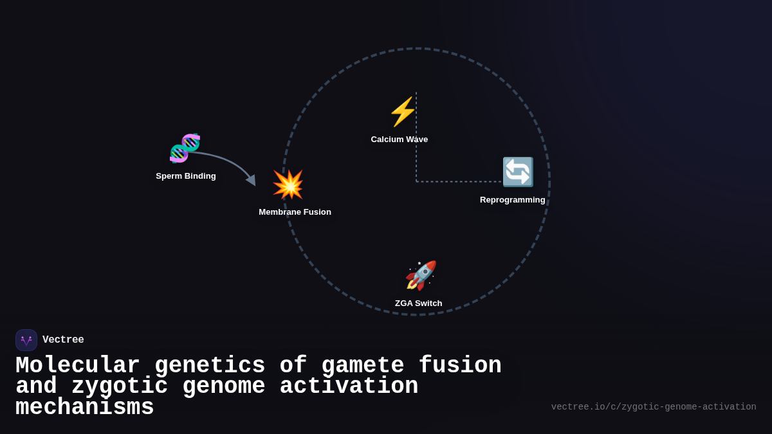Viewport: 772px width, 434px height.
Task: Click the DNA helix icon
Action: pyautogui.click(x=185, y=148)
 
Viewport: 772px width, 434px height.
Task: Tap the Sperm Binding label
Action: pyautogui.click(x=186, y=176)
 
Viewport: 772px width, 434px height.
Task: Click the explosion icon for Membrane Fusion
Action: pyautogui.click(x=288, y=185)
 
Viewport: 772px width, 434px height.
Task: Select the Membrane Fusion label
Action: pyautogui.click(x=295, y=212)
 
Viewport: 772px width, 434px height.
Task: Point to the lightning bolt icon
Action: pyautogui.click(x=402, y=112)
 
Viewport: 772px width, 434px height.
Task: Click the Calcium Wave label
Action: pyautogui.click(x=399, y=140)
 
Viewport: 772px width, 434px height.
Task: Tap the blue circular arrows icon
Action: pyautogui.click(x=517, y=172)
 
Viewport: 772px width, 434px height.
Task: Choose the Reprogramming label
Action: pyautogui.click(x=512, y=200)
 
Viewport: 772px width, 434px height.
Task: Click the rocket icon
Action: pyautogui.click(x=421, y=275)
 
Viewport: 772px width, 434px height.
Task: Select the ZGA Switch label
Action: pyautogui.click(x=418, y=303)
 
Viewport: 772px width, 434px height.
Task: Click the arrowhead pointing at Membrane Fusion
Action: pyautogui.click(x=252, y=181)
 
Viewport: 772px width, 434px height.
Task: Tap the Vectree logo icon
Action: pyautogui.click(x=26, y=340)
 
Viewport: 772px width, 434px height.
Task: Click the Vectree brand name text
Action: pyautogui.click(x=63, y=340)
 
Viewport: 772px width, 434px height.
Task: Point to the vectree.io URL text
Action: pyautogui.click(x=653, y=407)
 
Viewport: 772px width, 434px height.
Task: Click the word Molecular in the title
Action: pyautogui.click(x=77, y=366)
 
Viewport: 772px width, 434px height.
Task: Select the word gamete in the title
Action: pyautogui.click(x=362, y=366)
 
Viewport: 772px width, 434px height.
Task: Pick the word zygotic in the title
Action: pyautogui.click(x=119, y=386)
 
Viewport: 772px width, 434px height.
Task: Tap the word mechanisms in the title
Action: pyautogui.click(x=84, y=408)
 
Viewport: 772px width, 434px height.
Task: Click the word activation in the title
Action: pyautogui.click(x=349, y=386)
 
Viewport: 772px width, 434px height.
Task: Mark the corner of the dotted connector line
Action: pyautogui.click(x=416, y=181)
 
